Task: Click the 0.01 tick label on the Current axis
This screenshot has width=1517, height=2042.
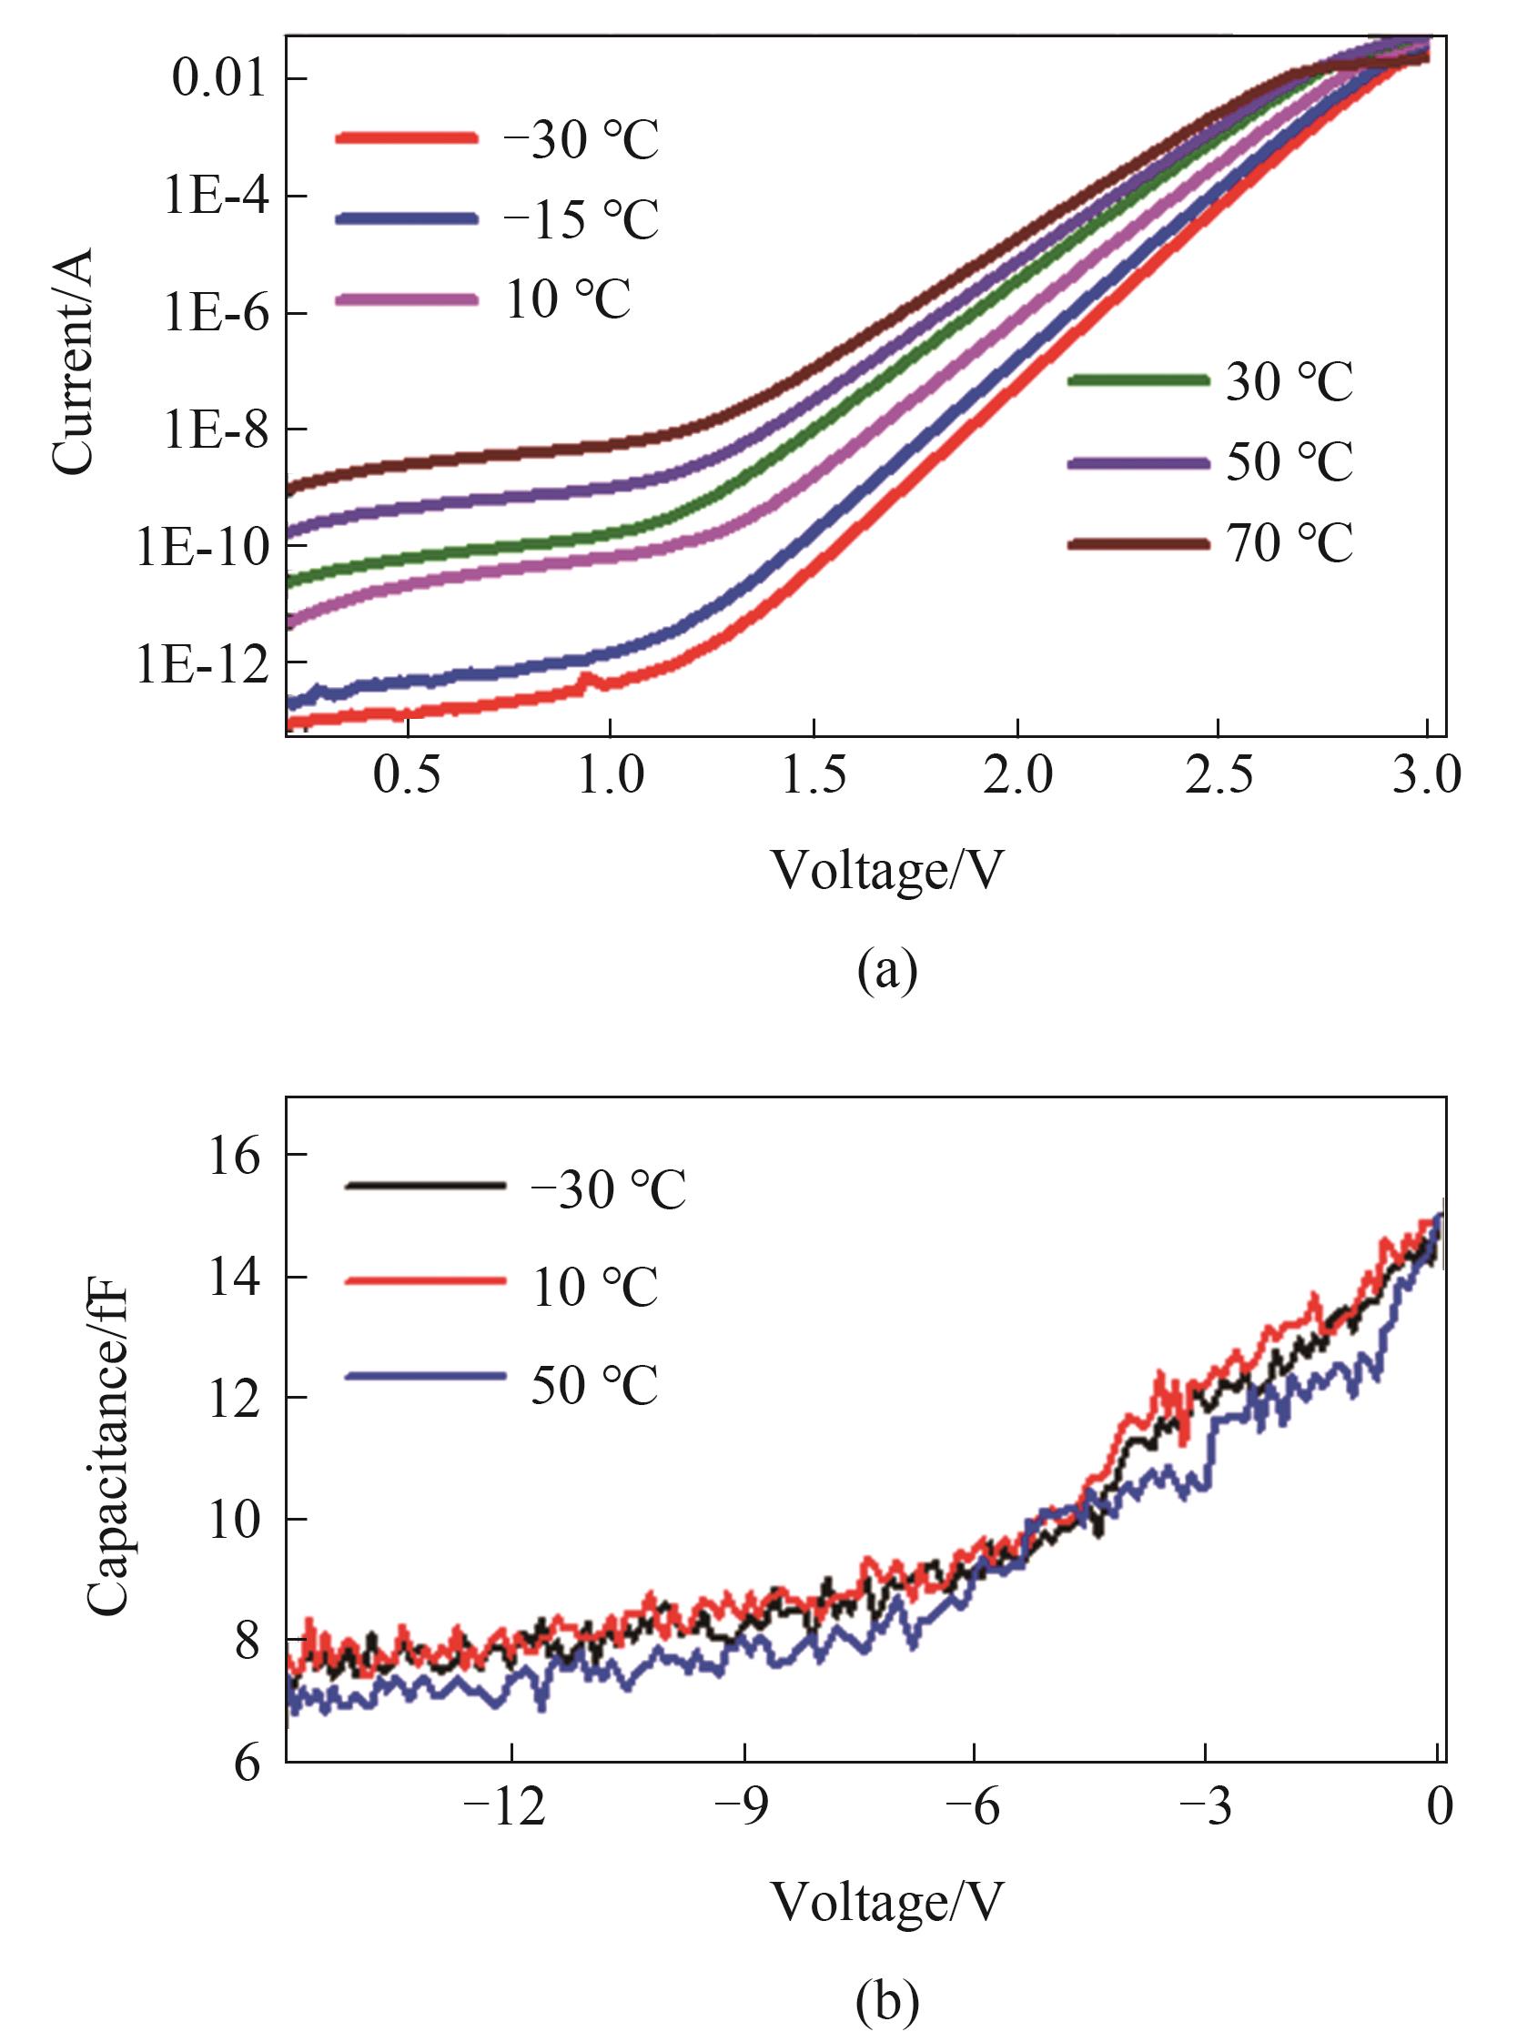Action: coord(218,80)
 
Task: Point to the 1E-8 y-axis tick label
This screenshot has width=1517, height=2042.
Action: coord(217,430)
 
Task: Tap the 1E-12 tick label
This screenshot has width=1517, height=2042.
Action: coord(203,662)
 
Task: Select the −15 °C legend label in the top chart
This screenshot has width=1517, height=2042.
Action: coord(581,219)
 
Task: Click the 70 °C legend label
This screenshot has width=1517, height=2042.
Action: coord(1289,543)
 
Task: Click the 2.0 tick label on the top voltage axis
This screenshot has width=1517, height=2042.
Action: coord(1016,776)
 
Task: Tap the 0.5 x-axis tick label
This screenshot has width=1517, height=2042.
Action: coord(406,776)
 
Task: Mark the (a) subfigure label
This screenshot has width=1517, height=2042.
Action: coord(886,972)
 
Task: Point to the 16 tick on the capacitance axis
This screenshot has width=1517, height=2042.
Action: coord(235,1156)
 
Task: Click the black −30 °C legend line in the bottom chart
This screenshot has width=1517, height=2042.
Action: coord(425,1186)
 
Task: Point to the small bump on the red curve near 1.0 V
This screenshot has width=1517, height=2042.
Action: coord(588,681)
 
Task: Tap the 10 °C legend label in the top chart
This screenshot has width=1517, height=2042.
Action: coord(568,300)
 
